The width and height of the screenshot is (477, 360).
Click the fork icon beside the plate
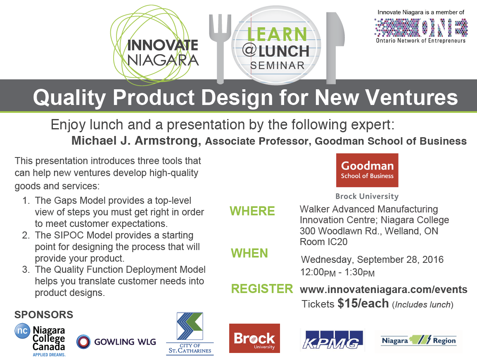220,49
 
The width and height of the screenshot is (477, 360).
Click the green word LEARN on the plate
277,34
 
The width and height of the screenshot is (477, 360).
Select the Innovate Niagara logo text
163,52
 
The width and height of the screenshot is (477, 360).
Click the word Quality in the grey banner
69,98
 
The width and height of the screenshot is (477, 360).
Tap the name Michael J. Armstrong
136,141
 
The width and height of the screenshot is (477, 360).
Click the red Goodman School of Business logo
367,170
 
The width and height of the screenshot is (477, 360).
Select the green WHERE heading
252,211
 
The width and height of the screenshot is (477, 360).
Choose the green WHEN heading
249,253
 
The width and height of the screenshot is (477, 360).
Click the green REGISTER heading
262,289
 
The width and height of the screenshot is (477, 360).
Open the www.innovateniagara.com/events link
384,289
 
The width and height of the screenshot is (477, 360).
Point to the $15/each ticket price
363,303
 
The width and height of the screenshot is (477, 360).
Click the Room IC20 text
323,242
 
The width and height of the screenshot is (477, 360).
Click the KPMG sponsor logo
332,340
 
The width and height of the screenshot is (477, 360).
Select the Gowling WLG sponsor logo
116,342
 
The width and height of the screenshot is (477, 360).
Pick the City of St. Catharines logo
190,334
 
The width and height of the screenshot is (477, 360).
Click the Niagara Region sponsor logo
419,340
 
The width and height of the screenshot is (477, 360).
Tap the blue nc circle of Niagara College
23,331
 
